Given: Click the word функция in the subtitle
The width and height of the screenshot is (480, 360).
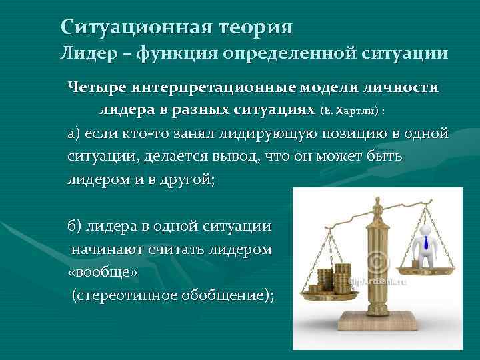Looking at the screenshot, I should (175, 53).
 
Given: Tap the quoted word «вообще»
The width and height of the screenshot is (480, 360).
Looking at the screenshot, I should (93, 273).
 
